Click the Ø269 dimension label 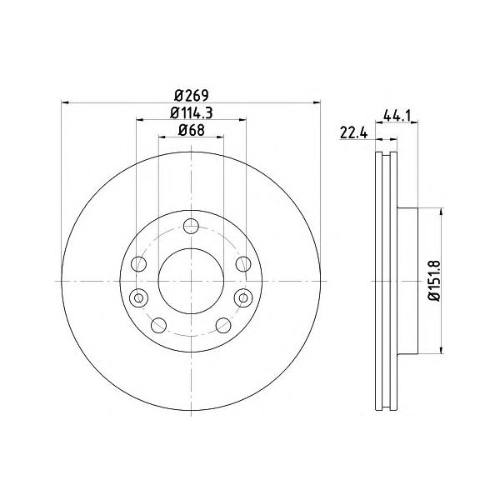[192, 95]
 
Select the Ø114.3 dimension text [192, 112]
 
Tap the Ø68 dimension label [192, 130]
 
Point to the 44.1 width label [397, 115]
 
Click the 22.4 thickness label [353, 132]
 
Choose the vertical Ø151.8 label [435, 281]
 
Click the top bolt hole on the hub [191, 226]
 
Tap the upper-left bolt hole [138, 264]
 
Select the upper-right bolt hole [243, 264]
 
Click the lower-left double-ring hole [138, 298]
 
